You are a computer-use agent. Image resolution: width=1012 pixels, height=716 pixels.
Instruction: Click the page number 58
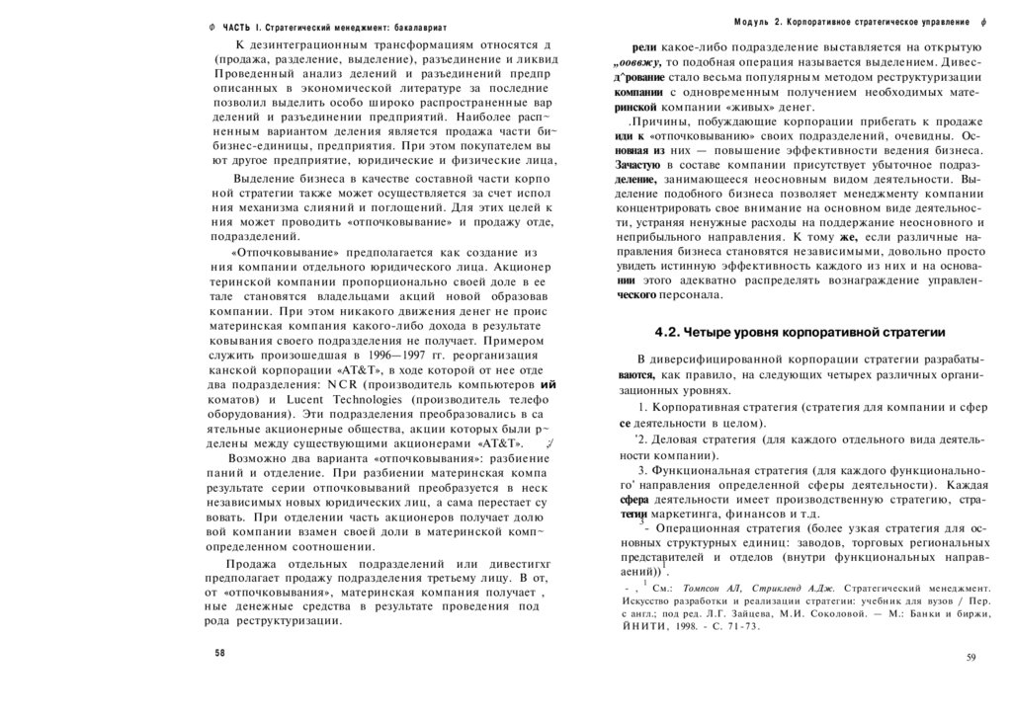click(220, 654)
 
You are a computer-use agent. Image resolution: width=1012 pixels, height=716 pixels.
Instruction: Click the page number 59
click(971, 657)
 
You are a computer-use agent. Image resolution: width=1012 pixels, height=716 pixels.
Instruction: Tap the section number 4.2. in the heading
click(672, 332)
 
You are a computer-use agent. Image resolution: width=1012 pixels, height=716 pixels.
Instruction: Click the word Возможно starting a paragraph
click(258, 459)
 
